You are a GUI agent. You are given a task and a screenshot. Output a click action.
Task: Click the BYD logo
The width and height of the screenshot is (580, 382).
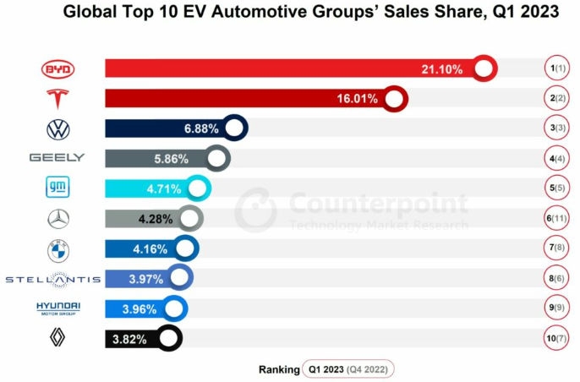tap(57, 68)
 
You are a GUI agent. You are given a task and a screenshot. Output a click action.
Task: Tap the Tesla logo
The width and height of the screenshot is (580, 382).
tap(57, 99)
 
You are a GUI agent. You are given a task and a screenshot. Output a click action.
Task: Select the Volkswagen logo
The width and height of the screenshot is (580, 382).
tap(57, 129)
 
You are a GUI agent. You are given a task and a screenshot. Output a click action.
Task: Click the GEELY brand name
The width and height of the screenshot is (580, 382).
tap(57, 158)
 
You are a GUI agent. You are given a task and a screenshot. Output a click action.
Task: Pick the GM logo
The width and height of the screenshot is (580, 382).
tap(57, 188)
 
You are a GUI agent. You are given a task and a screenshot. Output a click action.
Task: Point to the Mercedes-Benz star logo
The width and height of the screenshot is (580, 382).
tap(57, 219)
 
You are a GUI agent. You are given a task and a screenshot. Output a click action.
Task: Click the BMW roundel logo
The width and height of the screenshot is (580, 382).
tap(57, 249)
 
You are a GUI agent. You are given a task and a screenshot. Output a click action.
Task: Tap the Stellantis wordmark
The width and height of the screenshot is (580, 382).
tap(52, 279)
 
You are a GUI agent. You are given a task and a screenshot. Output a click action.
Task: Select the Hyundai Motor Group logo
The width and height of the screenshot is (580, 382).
tap(57, 308)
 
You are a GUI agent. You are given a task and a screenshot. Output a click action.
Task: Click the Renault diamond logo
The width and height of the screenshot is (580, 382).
tap(57, 339)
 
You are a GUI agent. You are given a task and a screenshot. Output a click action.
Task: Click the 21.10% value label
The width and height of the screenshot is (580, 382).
tap(441, 69)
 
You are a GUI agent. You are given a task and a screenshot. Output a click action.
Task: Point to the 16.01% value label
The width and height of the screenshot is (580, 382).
tap(353, 100)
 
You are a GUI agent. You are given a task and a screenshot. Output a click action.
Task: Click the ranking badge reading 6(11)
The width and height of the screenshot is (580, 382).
tap(555, 219)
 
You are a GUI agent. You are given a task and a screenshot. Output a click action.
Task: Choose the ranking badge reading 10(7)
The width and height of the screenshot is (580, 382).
tap(555, 339)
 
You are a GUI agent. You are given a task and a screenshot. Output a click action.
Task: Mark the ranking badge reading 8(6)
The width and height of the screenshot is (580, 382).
tap(555, 279)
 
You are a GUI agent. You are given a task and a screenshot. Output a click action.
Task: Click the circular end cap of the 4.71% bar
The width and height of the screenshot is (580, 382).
tap(199, 188)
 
